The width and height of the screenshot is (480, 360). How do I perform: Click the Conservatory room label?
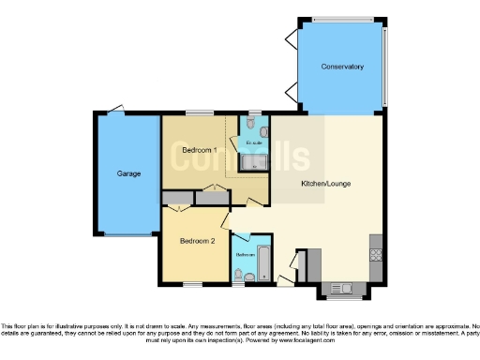[341, 67]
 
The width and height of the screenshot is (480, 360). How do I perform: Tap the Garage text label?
[128, 173]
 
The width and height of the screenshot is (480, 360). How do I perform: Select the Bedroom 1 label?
[200, 150]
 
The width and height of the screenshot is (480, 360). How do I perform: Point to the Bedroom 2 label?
[199, 241]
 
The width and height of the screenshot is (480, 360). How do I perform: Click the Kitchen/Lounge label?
[325, 184]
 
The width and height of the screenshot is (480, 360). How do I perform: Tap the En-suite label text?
[253, 142]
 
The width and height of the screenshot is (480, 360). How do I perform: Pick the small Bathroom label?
[245, 254]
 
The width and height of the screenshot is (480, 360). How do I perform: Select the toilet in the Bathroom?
[240, 275]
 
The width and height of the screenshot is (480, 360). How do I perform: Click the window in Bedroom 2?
[194, 284]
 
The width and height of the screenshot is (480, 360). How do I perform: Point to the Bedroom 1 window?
[198, 114]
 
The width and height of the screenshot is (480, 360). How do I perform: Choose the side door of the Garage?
[116, 109]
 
